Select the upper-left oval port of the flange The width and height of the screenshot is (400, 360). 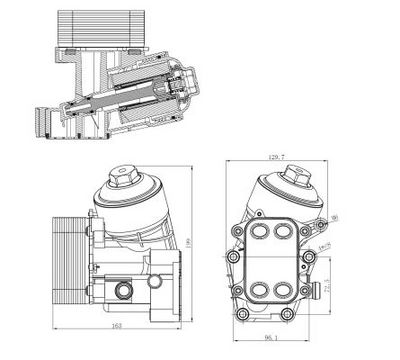click(x=263, y=233)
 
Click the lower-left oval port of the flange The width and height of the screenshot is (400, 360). click(x=263, y=292)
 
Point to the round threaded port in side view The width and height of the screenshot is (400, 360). click(x=124, y=291)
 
